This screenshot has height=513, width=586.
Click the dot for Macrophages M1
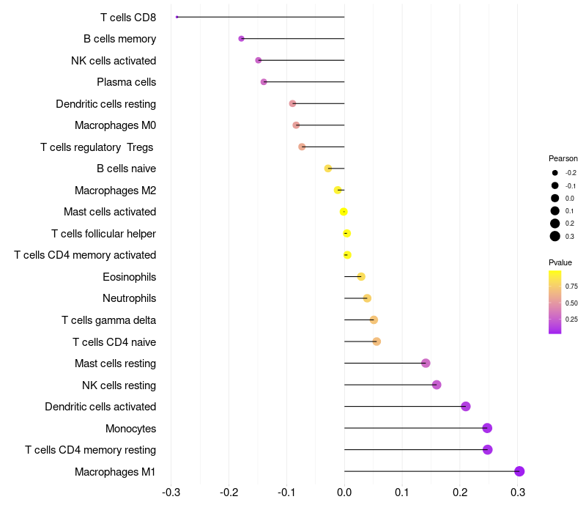tap(519, 471)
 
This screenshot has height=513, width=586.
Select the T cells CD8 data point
tap(177, 17)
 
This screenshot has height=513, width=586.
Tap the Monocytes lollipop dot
tap(487, 428)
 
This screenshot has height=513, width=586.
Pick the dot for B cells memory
tap(241, 39)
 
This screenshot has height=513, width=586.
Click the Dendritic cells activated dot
tap(465, 407)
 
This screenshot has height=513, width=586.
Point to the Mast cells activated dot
tap(344, 212)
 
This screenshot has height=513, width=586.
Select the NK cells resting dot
tap(437, 385)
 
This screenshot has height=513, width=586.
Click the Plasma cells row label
tap(126, 82)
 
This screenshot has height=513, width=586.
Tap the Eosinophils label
tap(129, 277)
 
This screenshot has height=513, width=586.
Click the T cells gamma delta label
tap(108, 320)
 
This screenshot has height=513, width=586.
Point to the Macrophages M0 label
tap(115, 125)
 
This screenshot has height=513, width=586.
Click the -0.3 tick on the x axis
tap(171, 492)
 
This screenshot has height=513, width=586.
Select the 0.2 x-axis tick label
tap(460, 492)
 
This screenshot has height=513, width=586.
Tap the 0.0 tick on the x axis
tap(344, 492)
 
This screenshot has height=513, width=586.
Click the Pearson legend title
tap(563, 158)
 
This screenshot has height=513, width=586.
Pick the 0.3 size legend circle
tap(555, 236)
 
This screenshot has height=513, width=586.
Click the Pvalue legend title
tap(560, 262)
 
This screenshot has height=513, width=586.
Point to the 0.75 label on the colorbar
tap(571, 286)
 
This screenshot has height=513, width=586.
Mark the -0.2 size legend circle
tap(555, 173)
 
